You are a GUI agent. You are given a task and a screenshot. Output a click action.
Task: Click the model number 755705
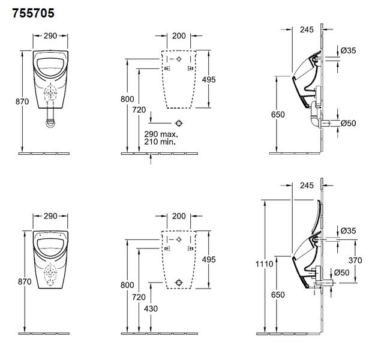(33, 13)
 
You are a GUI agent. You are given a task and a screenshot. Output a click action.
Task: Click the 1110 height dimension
(264, 264)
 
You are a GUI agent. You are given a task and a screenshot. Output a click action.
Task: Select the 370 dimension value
(355, 260)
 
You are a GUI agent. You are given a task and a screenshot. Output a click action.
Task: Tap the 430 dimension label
(151, 308)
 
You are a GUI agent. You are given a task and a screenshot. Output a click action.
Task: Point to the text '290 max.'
(161, 134)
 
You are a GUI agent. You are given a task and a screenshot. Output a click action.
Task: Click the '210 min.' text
(160, 142)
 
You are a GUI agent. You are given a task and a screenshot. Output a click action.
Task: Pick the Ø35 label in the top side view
(348, 50)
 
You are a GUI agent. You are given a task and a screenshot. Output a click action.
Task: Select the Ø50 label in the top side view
(348, 123)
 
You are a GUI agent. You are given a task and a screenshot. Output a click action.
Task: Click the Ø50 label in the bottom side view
(341, 272)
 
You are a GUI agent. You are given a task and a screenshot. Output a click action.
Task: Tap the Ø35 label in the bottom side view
(348, 230)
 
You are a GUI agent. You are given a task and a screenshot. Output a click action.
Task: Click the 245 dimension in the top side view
(307, 29)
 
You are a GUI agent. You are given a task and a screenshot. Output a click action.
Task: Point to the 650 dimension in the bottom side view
(278, 295)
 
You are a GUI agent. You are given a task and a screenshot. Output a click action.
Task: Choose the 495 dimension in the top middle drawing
(209, 80)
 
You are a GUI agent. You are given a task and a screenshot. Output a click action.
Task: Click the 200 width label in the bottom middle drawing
(179, 216)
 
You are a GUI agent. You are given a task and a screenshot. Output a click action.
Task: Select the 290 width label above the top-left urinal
(50, 36)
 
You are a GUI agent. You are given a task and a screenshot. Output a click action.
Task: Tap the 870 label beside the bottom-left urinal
(25, 281)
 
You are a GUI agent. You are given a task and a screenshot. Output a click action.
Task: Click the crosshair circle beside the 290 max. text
(179, 123)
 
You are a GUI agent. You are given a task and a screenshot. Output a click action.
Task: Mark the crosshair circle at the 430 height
(179, 283)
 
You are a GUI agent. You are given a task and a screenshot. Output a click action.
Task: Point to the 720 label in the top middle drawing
(139, 110)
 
